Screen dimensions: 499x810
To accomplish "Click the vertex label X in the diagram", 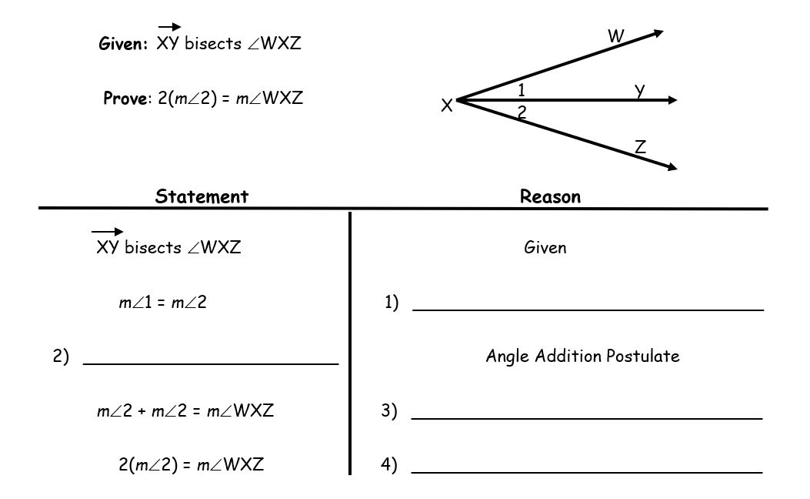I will coord(446,108).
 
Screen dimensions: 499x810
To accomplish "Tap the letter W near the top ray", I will coord(615,35).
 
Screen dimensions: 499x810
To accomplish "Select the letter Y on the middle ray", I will coord(639,90).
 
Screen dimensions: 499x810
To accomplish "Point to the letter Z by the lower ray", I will coord(640,146).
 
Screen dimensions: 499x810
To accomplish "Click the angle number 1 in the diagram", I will coord(522,89).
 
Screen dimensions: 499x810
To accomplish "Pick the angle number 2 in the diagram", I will coord(522,112).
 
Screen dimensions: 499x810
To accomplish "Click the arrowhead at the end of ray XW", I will coord(658,32).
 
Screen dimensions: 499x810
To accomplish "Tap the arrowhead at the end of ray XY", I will coord(672,99).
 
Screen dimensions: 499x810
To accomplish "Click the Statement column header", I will coord(202,196).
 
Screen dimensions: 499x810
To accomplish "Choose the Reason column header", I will coord(550,196).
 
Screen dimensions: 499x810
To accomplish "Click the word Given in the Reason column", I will coord(545,248).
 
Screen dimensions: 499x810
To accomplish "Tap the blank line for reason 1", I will coord(588,309).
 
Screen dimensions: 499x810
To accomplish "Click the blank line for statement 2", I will coord(210,362).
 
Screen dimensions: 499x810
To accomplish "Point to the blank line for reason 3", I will coord(587,418).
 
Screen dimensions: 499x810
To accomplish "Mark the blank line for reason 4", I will coord(587,471).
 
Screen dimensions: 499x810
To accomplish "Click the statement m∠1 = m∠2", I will coord(162,303).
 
